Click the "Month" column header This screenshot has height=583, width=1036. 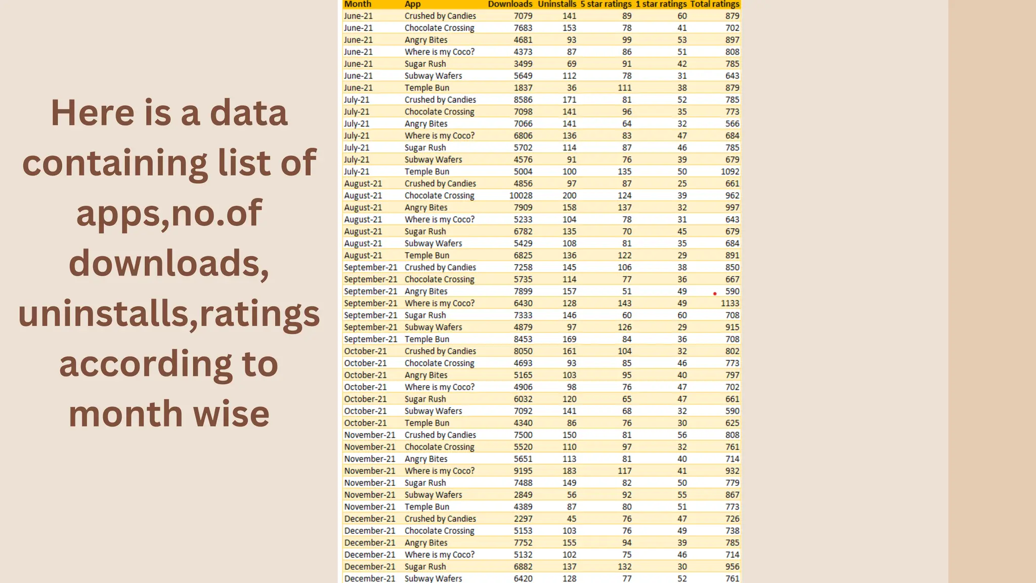[x=358, y=4]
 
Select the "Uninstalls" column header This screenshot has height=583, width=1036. [x=556, y=4]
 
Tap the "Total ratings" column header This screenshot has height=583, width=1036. [x=714, y=4]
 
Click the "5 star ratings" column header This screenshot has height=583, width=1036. [x=606, y=4]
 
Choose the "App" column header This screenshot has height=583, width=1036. [x=412, y=4]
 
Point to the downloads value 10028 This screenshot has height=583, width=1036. [x=521, y=195]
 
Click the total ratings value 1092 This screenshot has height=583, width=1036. [x=730, y=172]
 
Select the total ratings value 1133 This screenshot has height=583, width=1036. [x=730, y=303]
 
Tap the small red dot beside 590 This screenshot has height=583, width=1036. [x=715, y=294]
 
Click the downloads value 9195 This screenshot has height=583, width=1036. [x=523, y=471]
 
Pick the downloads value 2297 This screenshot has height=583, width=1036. [x=523, y=519]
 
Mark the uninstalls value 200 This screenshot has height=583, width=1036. [x=569, y=195]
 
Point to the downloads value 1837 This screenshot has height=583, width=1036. [x=523, y=88]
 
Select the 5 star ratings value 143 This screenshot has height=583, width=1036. [x=624, y=303]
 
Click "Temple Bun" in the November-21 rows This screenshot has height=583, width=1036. [x=426, y=507]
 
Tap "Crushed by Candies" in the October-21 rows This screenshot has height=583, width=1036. [x=440, y=351]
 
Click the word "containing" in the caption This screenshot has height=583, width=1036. [x=115, y=163]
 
